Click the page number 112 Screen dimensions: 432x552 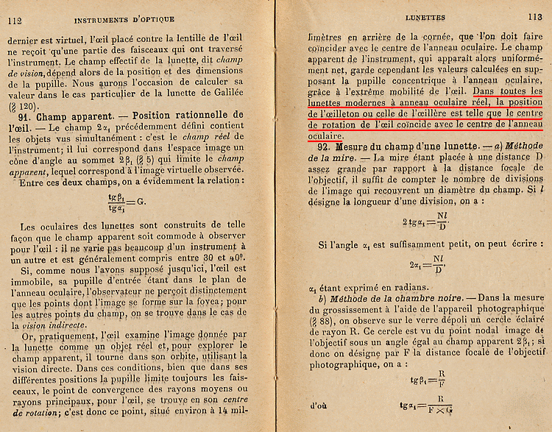14,19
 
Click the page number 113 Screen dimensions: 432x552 534,17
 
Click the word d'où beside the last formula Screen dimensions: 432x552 319,406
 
